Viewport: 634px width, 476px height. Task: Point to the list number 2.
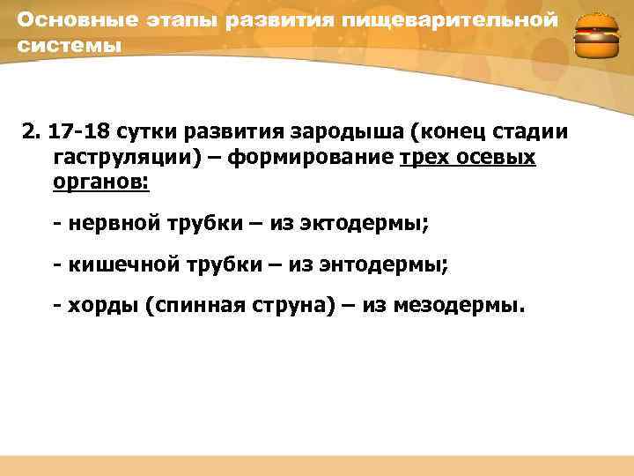click(x=31, y=132)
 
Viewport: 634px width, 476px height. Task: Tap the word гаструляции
click(x=114, y=158)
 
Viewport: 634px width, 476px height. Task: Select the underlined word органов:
click(x=100, y=182)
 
